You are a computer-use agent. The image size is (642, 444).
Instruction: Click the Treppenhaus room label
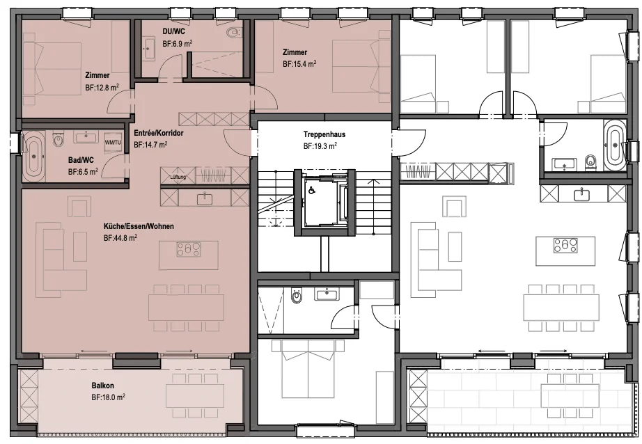click(x=324, y=134)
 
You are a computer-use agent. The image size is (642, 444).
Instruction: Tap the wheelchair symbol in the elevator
click(x=311, y=189)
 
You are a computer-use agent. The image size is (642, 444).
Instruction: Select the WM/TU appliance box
click(x=113, y=142)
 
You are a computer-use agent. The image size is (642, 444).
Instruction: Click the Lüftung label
click(x=178, y=177)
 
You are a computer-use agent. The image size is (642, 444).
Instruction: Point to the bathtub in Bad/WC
click(x=34, y=157)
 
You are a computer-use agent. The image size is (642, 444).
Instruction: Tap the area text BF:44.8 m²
click(x=120, y=237)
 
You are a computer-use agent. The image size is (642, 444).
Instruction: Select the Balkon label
click(x=103, y=386)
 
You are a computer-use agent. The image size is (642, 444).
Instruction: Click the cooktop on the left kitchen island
click(x=188, y=249)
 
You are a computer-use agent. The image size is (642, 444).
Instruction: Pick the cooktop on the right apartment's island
click(x=565, y=246)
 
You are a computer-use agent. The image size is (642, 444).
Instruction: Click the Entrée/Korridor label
click(x=159, y=133)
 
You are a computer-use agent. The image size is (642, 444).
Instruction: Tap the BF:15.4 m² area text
click(x=299, y=64)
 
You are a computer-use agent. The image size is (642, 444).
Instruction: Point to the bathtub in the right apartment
click(x=614, y=145)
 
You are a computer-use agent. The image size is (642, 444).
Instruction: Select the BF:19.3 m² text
click(x=320, y=145)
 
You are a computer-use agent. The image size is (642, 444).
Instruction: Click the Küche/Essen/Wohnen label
click(x=139, y=226)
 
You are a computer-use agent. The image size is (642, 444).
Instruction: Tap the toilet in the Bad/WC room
click(x=58, y=140)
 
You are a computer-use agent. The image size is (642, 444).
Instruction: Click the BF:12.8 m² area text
click(x=102, y=87)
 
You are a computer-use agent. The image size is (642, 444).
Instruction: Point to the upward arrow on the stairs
click(x=373, y=207)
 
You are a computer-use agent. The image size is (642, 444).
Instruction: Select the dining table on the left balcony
click(x=195, y=396)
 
